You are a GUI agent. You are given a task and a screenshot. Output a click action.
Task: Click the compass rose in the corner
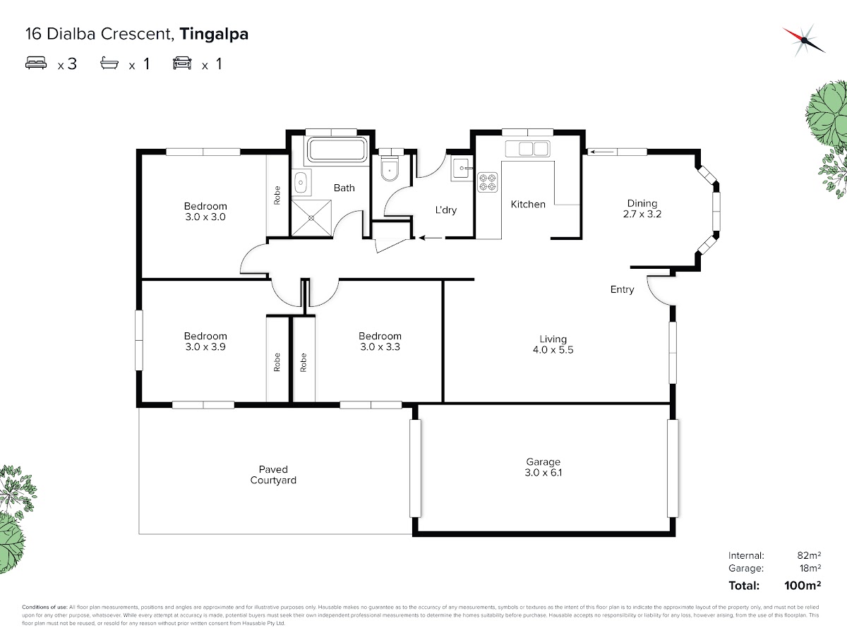(x=804, y=39)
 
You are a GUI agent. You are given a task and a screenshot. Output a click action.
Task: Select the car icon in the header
(x=182, y=64)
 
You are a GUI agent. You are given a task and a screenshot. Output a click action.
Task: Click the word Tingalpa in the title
(x=214, y=34)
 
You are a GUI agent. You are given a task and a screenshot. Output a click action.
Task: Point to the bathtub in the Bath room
(x=337, y=150)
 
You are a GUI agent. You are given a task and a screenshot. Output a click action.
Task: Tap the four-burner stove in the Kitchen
(x=488, y=182)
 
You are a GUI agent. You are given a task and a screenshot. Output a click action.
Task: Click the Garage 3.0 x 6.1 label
(x=543, y=467)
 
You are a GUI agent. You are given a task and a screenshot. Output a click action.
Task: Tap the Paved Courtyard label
(x=273, y=475)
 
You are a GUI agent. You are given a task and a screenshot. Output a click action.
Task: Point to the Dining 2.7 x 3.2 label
(x=642, y=208)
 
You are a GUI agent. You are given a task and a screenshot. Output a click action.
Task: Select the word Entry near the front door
(x=623, y=289)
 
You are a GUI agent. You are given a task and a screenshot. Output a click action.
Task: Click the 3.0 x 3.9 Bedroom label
(x=205, y=341)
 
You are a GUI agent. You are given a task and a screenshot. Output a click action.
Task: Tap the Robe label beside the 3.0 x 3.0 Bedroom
(x=277, y=195)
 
